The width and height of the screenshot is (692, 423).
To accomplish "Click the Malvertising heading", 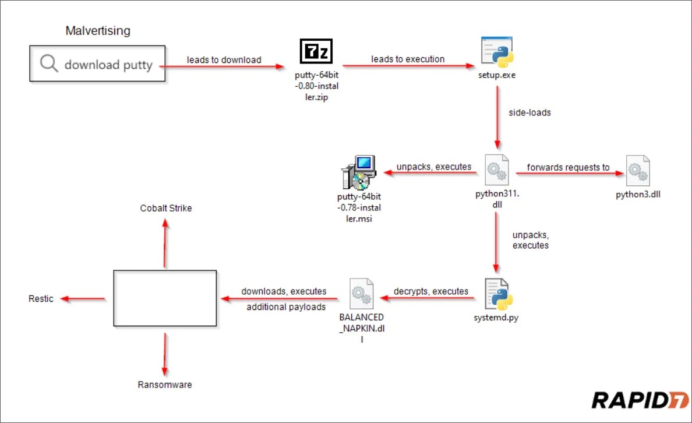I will pos(98,31).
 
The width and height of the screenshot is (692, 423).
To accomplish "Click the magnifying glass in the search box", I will pos(49,64).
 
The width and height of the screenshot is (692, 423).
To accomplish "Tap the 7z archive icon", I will pos(316,51).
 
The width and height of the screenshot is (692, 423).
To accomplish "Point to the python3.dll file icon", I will pos(638,170).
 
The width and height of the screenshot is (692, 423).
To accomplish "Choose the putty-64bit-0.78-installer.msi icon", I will pos(356,172).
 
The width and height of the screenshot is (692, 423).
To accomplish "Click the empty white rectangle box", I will pos(165,298).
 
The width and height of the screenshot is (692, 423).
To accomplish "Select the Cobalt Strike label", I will pos(165,208).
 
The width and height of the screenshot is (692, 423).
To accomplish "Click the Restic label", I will pos(41,299).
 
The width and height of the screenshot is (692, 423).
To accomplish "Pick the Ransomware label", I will pos(165,385).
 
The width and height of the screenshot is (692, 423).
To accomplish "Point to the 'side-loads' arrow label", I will pos(529,113).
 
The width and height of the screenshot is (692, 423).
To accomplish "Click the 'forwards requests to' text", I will pos(569,167).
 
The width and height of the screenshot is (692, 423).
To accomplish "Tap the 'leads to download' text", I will pos(224,59).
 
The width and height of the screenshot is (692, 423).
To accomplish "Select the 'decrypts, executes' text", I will pos(431,291).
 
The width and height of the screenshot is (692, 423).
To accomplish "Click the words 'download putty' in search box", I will pos(108,65).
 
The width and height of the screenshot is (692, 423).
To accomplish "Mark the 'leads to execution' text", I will pos(408,59).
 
